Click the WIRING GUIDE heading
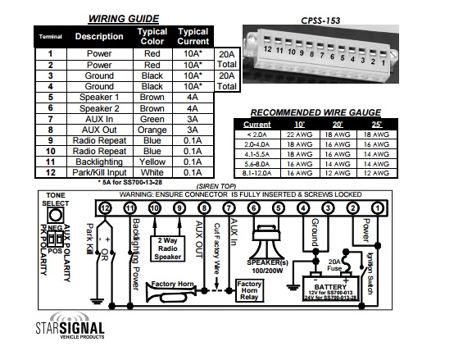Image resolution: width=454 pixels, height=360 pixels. click(124, 19)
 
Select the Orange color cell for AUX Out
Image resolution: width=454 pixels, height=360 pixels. click(152, 130)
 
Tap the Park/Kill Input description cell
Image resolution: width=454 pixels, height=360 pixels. click(99, 172)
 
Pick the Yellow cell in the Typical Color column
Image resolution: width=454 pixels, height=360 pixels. click(152, 162)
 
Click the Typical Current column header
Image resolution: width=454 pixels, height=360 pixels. click(193, 36)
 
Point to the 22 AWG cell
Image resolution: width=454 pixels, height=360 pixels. click(300, 134)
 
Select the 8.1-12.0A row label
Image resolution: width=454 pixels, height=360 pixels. click(257, 173)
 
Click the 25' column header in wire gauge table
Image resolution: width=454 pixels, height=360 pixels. click(377, 125)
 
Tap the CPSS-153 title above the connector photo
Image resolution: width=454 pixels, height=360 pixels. click(320, 21)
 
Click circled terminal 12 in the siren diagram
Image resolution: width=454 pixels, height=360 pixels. click(105, 208)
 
